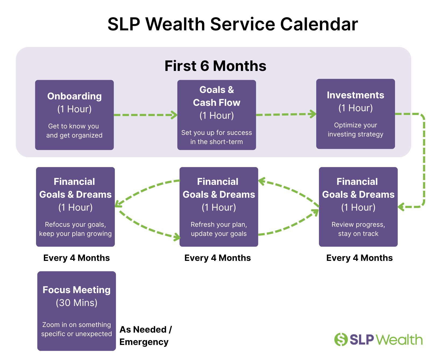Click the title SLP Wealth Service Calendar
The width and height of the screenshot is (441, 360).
[x=233, y=24]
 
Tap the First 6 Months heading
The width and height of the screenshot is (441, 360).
[x=215, y=66]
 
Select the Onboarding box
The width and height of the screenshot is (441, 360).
[x=74, y=115]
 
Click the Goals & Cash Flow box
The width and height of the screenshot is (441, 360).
[x=217, y=115]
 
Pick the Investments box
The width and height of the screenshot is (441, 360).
[x=355, y=114]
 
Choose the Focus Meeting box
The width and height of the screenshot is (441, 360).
[x=77, y=311]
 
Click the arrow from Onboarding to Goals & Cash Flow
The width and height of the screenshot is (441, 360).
[x=145, y=115]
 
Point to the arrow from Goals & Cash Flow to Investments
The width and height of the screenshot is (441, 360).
[x=286, y=114]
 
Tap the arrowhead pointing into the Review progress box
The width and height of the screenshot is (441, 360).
[x=401, y=207]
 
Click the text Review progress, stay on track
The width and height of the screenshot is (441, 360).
[x=358, y=229]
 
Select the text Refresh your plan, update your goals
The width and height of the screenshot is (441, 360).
[x=219, y=229]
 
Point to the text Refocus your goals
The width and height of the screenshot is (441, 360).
[x=75, y=225]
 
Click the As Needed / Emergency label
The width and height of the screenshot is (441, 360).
[x=145, y=336]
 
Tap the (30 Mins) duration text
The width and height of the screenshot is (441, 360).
[x=77, y=303]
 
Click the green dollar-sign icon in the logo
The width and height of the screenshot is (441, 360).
[x=341, y=340]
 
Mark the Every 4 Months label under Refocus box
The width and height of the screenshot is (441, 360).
[x=77, y=258]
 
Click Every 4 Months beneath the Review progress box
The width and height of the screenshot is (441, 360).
[x=360, y=258]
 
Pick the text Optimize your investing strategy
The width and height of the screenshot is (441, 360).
[x=355, y=130]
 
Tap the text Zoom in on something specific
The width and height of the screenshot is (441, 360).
[x=77, y=329]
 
